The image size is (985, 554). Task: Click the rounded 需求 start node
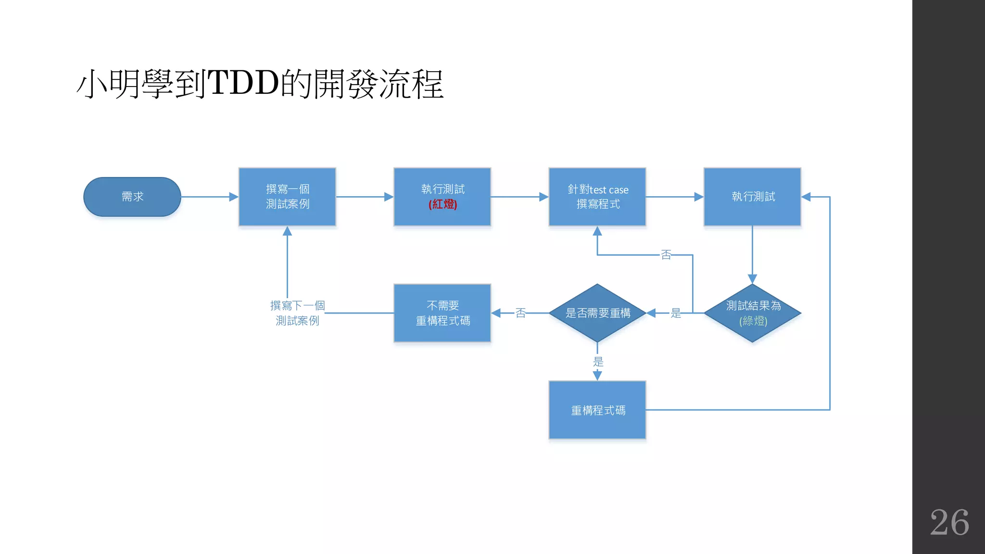(x=132, y=197)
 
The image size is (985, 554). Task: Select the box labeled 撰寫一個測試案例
(x=287, y=197)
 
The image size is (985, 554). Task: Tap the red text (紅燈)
(x=442, y=204)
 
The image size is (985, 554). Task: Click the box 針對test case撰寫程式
(x=597, y=197)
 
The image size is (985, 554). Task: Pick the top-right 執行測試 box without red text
(x=752, y=197)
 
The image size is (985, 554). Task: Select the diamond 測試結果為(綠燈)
(x=752, y=313)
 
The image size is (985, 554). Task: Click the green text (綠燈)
(x=753, y=321)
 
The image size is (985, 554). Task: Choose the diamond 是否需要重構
(x=597, y=313)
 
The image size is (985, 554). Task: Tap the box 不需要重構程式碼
(x=442, y=313)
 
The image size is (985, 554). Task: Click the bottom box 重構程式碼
(x=597, y=410)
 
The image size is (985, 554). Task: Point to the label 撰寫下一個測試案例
(x=297, y=313)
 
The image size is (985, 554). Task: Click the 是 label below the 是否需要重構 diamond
(x=598, y=362)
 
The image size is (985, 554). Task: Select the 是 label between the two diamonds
(x=676, y=313)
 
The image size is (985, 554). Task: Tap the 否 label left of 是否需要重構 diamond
(x=520, y=313)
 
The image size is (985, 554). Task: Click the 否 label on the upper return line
(x=666, y=255)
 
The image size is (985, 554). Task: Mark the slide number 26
(x=949, y=522)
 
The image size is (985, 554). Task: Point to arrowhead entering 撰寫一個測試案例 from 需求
(x=234, y=197)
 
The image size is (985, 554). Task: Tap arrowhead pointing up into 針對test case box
(x=597, y=231)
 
